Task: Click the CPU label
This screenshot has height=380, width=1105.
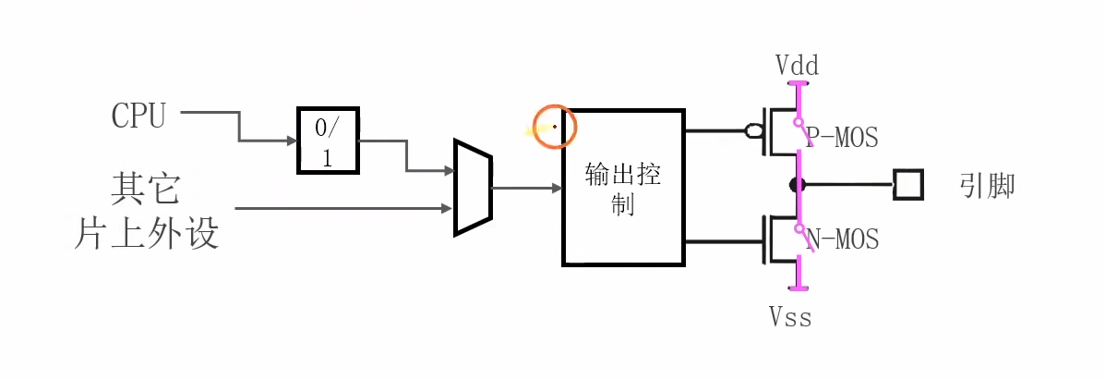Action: [138, 116]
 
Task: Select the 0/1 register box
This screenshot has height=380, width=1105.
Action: [327, 141]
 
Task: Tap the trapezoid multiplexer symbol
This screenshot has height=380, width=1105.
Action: [473, 188]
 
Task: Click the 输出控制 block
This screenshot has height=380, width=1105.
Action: [623, 188]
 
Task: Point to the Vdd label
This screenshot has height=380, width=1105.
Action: [797, 66]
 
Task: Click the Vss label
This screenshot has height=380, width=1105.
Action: [791, 317]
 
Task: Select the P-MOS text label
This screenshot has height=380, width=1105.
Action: [843, 139]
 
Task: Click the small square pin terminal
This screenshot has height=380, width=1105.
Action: [908, 185]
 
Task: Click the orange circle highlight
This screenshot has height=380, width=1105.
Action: [555, 127]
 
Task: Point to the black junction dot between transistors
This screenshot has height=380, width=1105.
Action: [796, 185]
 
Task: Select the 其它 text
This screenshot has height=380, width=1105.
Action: [145, 190]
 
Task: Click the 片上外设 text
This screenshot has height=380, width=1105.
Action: [147, 233]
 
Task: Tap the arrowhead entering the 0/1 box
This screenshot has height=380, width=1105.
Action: [293, 141]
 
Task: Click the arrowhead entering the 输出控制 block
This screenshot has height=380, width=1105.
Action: [558, 189]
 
